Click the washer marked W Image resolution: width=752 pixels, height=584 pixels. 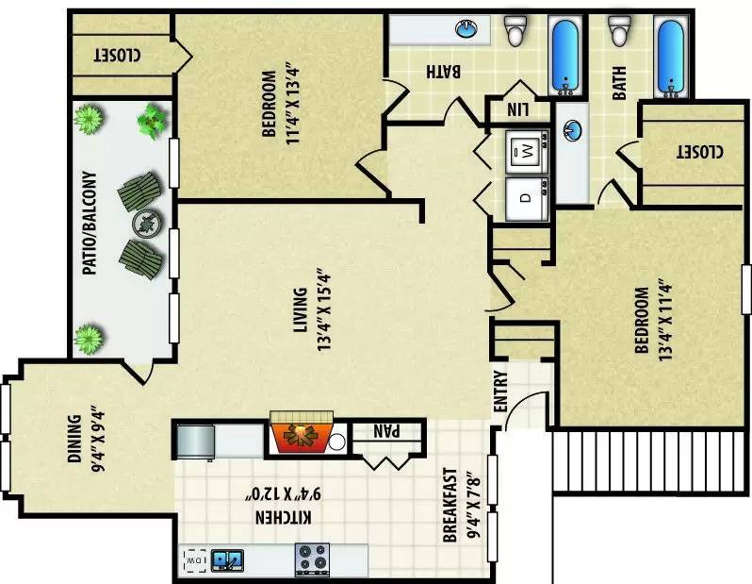pyautogui.click(x=527, y=151)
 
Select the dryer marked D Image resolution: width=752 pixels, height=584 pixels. pyautogui.click(x=527, y=199)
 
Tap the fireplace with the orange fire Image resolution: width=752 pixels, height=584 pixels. pyautogui.click(x=302, y=432)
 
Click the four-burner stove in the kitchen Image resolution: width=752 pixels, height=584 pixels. pyautogui.click(x=312, y=559)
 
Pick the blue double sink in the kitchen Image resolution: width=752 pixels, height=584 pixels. pyautogui.click(x=227, y=560)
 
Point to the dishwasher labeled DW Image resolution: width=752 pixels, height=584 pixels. pyautogui.click(x=195, y=560)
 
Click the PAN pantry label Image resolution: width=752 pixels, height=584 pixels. pyautogui.click(x=386, y=431)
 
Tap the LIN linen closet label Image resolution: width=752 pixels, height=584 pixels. pyautogui.click(x=518, y=110)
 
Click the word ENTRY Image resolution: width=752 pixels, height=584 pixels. pyautogui.click(x=500, y=392)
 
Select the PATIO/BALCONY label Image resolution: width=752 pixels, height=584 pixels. pyautogui.click(x=90, y=223)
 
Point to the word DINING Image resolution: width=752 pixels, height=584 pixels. pyautogui.click(x=74, y=439)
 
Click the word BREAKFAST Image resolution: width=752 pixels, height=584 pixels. pyautogui.click(x=450, y=505)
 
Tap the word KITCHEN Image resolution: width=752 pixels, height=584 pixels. pyautogui.click(x=284, y=518)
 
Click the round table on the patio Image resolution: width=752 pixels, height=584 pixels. pyautogui.click(x=147, y=225)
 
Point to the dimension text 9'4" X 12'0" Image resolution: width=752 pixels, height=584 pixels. pyautogui.click(x=284, y=493)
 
